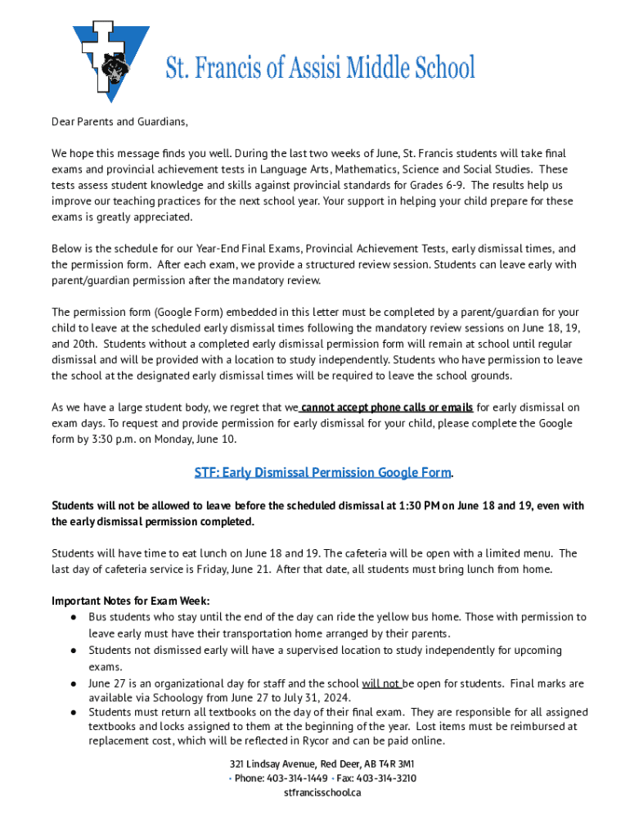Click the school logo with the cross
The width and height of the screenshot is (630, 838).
pos(111,60)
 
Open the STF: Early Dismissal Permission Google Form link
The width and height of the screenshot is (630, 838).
pos(322,473)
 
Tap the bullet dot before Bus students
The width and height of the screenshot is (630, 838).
pos(73,617)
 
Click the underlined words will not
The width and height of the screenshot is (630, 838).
pos(380,683)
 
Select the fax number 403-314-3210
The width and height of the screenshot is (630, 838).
pos(386,778)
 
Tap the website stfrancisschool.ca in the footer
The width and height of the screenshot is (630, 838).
pos(322,793)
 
